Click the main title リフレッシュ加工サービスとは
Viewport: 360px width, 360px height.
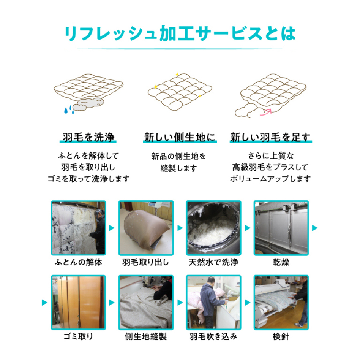click(x=180, y=34)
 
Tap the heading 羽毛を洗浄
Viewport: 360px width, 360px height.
click(x=88, y=138)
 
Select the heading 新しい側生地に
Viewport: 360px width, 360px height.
click(x=180, y=138)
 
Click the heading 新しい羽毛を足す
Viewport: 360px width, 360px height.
click(x=270, y=138)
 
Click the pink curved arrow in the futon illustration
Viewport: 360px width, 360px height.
click(x=265, y=112)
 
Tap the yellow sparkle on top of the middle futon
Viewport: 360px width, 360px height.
click(x=177, y=75)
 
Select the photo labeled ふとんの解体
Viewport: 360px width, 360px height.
click(x=78, y=228)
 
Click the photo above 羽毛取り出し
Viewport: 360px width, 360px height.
click(x=146, y=228)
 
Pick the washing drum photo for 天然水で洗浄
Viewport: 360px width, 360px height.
click(x=214, y=228)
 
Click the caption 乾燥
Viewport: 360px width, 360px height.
click(x=281, y=263)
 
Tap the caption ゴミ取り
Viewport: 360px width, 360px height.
click(x=78, y=336)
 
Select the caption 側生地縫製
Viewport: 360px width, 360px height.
click(x=146, y=336)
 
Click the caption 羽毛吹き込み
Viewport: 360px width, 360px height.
click(x=214, y=336)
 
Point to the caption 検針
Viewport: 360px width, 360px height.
click(x=281, y=336)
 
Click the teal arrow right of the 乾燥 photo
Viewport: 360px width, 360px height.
click(x=315, y=228)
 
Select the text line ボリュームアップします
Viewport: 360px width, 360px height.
click(x=270, y=179)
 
